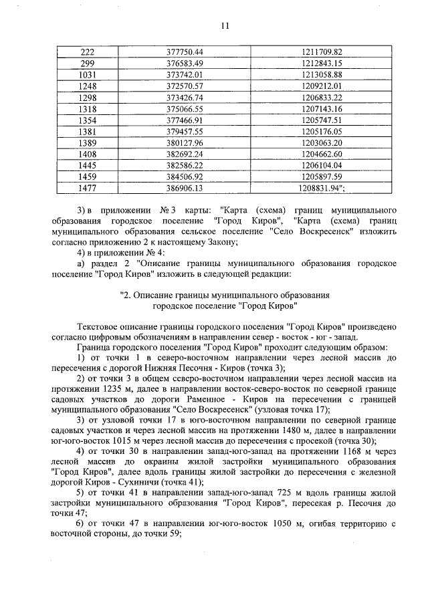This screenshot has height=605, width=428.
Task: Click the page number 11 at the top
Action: (x=224, y=27)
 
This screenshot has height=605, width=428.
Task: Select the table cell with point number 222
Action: (x=87, y=51)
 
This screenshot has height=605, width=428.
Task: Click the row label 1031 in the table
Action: (x=87, y=74)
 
